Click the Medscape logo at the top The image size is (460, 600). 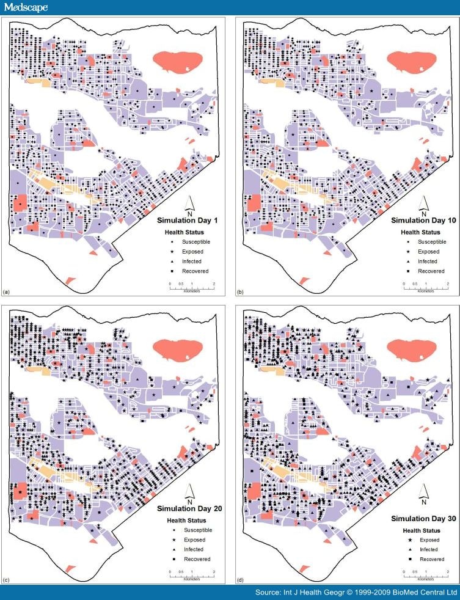pos(24,7)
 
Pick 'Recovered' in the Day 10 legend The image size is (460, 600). pos(430,271)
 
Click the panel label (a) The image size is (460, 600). pos(7,293)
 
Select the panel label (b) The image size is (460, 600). pos(240,293)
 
